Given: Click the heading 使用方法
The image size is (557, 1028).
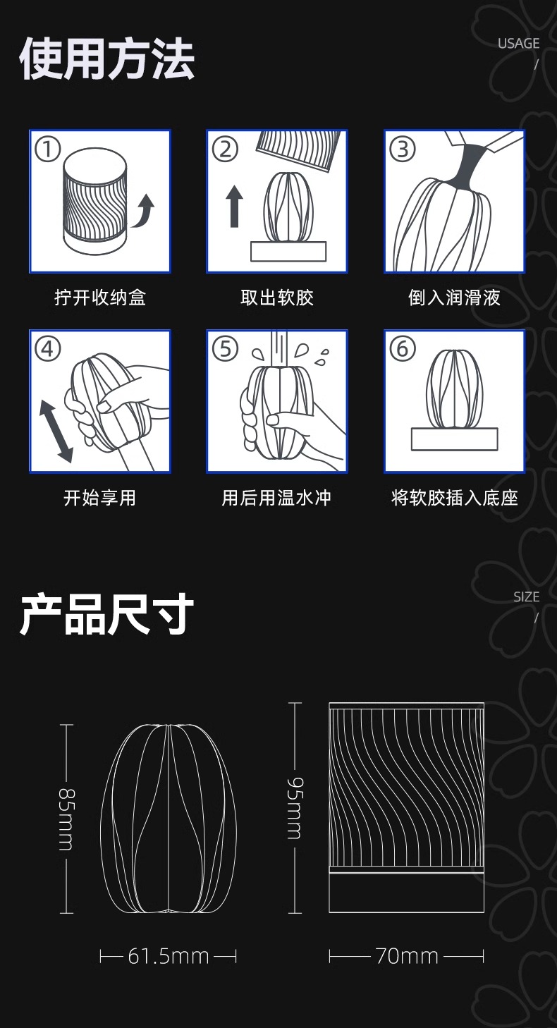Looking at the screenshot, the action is tap(106, 60).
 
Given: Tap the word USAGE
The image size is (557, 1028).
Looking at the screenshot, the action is tap(518, 44).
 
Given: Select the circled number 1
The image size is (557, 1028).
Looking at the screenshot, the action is tap(49, 149).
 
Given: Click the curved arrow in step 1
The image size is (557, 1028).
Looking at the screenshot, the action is tap(144, 210).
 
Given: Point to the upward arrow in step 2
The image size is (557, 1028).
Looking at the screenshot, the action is tap(235, 206).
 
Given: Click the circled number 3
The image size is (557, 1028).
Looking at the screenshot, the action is tap(403, 149).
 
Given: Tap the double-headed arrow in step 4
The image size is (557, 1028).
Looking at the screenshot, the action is tap(56, 430).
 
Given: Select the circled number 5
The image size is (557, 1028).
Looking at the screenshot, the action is tap(226, 348).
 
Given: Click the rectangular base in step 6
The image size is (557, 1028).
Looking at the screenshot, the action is tap(455, 439).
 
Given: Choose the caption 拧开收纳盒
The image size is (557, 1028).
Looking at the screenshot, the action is tap(100, 298).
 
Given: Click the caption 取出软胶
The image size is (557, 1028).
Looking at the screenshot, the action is tap(277, 298).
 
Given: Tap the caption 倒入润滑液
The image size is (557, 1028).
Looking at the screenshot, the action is tap(455, 298).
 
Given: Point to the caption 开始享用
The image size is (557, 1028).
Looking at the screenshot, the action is tap(100, 498).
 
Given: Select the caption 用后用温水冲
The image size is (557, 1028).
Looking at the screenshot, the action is tap(277, 498).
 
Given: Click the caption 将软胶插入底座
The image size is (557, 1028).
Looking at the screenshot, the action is tap(455, 498).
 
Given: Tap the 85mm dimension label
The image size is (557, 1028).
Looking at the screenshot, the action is tap(66, 819).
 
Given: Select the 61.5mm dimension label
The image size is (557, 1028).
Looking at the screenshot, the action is tap(169, 957).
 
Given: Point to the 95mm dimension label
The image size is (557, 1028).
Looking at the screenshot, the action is tap(295, 808).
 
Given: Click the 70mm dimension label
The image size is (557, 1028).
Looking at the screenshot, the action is tap(407, 957).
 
